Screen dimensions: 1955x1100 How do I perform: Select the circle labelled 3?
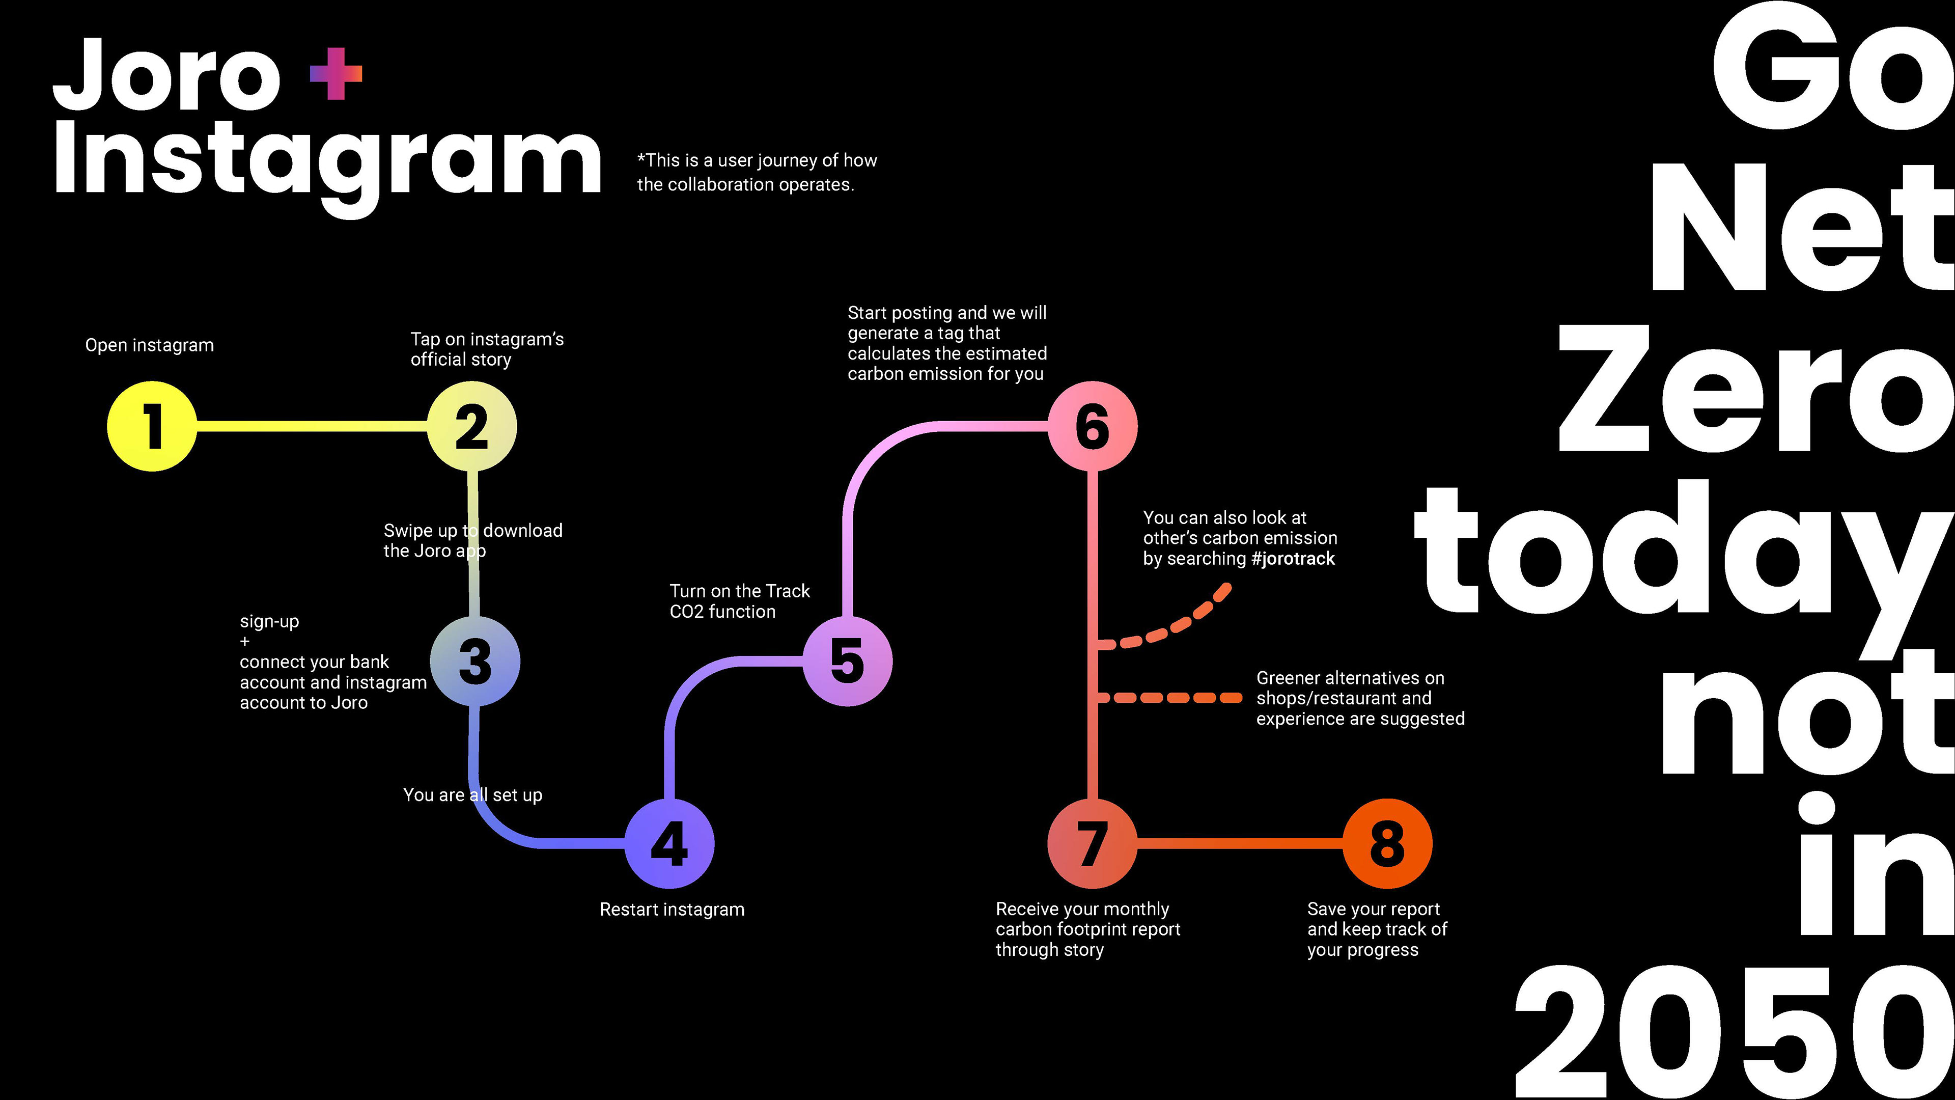click(475, 661)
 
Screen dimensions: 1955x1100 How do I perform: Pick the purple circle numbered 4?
click(669, 843)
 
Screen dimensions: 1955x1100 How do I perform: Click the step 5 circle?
click(848, 661)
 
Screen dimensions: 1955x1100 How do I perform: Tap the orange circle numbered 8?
click(1387, 843)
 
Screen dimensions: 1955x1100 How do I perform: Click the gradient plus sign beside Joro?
click(336, 74)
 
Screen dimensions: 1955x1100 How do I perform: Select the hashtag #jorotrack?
click(1293, 559)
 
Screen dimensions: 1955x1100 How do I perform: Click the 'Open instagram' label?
click(150, 345)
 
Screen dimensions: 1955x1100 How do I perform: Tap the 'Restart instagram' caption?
click(672, 910)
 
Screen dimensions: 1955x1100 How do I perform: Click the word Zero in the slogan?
click(1753, 391)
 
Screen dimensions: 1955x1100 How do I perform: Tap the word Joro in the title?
click(167, 76)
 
